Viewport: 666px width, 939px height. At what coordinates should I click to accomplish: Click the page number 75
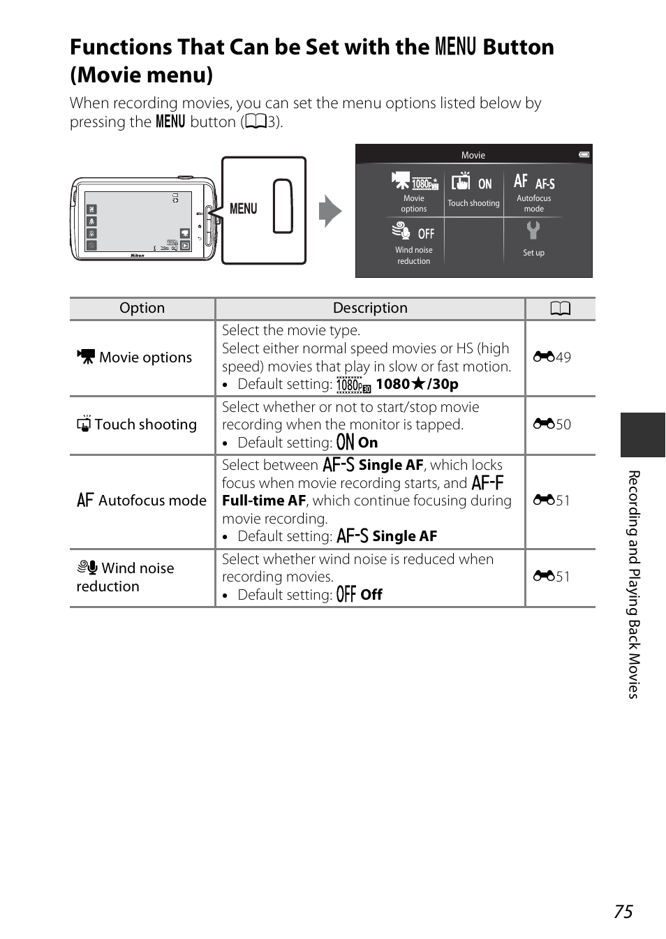coord(623,912)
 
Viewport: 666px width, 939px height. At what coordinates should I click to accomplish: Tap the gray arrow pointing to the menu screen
coord(330,211)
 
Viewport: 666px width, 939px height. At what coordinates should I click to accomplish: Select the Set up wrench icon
coord(533,230)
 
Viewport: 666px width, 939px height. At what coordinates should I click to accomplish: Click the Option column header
coord(142,309)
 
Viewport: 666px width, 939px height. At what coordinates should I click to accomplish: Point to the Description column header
coord(370,309)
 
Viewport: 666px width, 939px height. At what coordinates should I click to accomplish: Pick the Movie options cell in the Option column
coord(135,357)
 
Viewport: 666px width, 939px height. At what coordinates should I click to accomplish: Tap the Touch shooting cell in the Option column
coord(138,424)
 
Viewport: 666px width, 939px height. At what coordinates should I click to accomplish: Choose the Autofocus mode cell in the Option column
coord(142,501)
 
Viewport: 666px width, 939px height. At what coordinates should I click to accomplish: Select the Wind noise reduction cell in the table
coord(126,577)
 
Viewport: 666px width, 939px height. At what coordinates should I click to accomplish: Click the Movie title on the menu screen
coord(473,155)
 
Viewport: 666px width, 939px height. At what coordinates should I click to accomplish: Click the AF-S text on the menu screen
coord(545,184)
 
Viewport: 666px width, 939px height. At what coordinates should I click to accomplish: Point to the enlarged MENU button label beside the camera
coord(244,209)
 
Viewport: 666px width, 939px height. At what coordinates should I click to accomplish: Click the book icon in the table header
coord(561,309)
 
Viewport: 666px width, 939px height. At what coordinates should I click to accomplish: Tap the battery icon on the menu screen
coord(584,154)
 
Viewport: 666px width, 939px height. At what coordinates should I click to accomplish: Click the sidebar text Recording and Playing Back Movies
coord(634,584)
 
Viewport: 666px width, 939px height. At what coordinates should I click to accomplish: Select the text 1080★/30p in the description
coord(417,384)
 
